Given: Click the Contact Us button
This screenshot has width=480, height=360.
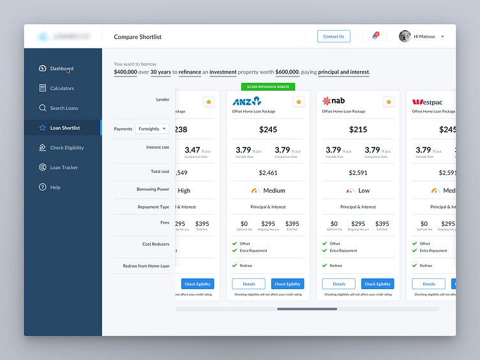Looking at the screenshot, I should (x=333, y=36).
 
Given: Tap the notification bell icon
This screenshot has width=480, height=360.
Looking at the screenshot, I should (x=375, y=36).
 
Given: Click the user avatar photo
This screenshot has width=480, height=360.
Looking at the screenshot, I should (x=405, y=36).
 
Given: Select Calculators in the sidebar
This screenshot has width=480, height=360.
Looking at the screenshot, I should (x=62, y=88).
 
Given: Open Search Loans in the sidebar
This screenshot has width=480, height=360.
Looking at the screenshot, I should (x=64, y=108).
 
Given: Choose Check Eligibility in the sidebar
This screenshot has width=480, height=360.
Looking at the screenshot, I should (x=66, y=147).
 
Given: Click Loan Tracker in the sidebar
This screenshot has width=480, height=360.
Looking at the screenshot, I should (x=64, y=167).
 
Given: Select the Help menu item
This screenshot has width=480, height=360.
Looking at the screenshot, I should (x=55, y=187).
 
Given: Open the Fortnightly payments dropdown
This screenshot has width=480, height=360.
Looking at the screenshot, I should (x=152, y=129).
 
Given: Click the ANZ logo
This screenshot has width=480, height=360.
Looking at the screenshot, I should (x=247, y=101).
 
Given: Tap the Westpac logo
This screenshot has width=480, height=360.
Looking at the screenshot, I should (x=427, y=102).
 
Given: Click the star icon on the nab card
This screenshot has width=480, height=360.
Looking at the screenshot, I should (x=389, y=102).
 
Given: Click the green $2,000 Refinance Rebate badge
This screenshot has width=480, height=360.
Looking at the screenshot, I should (x=268, y=86).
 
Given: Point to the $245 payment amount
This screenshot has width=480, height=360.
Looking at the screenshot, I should (x=268, y=130).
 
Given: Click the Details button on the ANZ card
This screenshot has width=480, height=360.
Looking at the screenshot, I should (x=249, y=284).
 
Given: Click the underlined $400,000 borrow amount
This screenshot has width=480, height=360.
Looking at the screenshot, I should (x=126, y=72).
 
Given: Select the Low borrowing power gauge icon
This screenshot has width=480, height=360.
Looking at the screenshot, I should (x=350, y=190).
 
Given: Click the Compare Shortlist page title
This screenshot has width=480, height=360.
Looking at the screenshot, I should (x=138, y=37).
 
